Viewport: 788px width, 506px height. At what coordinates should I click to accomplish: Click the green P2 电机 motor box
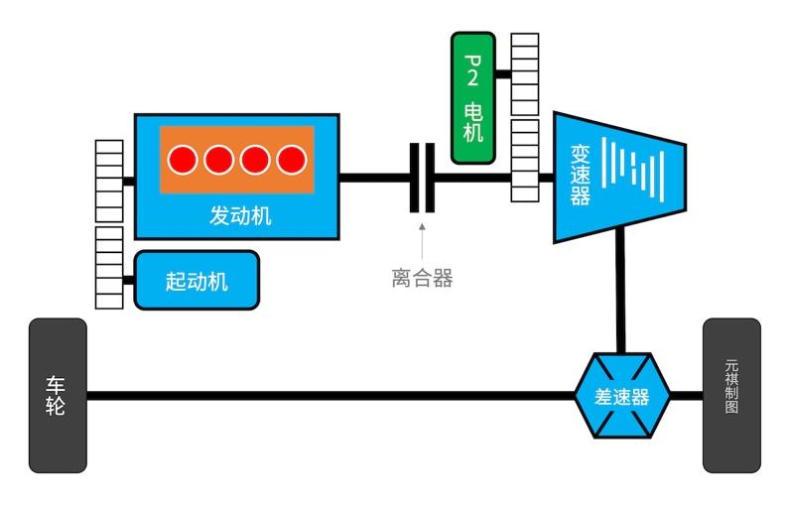point(473,97)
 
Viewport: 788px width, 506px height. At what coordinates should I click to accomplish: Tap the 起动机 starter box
point(197,281)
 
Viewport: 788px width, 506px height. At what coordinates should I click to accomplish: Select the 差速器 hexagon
point(622,396)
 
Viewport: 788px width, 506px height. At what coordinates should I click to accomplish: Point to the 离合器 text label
point(422,279)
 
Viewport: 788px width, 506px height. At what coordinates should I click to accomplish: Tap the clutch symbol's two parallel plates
point(422,178)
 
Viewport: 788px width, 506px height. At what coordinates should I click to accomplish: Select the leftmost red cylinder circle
point(183,159)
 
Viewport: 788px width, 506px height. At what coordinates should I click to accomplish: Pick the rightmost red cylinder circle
point(291,159)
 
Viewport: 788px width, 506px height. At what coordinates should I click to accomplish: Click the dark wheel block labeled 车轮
point(57,395)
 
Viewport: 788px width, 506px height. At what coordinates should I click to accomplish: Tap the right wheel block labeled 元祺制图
point(731,395)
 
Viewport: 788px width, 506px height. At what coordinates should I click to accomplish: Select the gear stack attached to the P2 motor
point(524,74)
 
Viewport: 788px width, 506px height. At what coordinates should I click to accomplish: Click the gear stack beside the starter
point(108,267)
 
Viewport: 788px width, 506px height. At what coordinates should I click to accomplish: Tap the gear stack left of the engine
point(108,181)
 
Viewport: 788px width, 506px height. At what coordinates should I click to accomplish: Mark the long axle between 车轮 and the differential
point(328,396)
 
